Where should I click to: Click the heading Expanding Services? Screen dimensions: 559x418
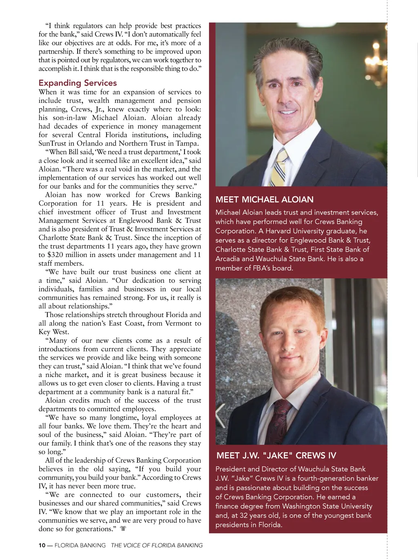point(78,83)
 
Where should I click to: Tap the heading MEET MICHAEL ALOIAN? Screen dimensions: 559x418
point(265,200)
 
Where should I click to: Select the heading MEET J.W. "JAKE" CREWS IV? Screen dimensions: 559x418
point(276,456)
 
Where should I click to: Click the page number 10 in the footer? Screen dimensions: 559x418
point(42,545)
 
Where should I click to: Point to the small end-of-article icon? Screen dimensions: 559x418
point(123,529)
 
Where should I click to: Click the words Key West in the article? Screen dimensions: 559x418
point(53,332)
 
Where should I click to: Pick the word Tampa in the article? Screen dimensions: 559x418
point(187,143)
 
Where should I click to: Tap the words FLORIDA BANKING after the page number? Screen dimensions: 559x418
point(80,545)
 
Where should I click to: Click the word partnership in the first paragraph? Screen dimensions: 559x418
point(55,51)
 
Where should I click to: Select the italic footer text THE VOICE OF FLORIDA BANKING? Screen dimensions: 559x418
point(157,545)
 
